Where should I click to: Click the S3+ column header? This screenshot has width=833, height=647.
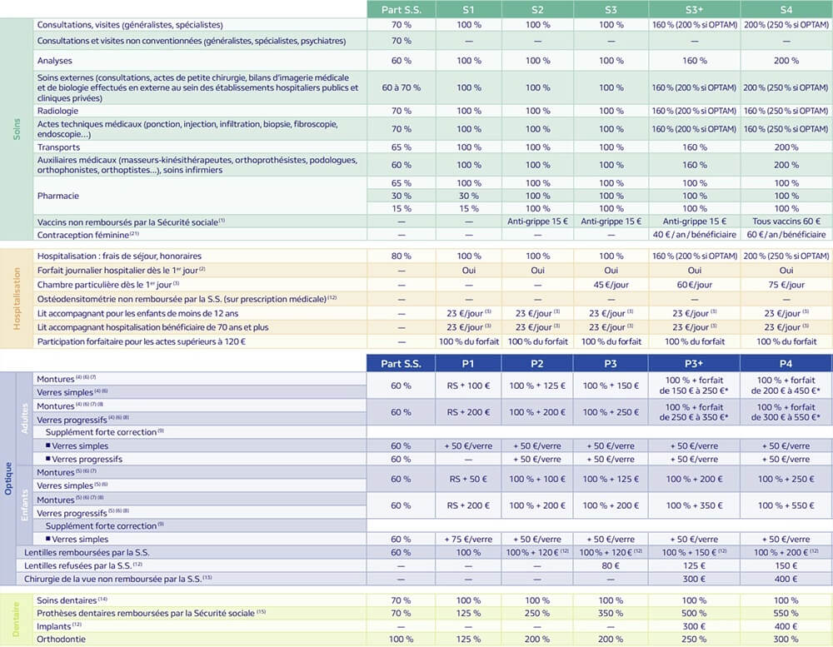694,8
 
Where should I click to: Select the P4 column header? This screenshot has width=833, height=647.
786,363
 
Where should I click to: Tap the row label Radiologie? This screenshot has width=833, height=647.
57,111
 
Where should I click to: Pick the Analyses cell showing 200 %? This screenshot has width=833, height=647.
786,61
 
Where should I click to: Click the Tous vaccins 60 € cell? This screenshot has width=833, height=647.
786,221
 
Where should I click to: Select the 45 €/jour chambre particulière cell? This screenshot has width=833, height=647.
611,284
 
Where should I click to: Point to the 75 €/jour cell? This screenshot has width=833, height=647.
786,284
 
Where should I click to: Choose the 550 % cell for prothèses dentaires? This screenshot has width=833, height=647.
786,613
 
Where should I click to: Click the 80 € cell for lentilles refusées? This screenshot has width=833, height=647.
611,565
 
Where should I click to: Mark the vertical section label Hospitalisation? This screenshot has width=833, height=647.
17,298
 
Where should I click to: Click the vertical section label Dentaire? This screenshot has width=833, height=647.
17,619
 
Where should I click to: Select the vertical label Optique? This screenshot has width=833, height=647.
8,479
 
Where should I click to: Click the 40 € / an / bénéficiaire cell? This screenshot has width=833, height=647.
694,236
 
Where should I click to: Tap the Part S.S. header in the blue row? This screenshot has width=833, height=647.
401,363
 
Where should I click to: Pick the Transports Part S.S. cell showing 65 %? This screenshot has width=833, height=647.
401,147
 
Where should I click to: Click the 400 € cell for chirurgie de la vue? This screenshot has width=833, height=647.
786,578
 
